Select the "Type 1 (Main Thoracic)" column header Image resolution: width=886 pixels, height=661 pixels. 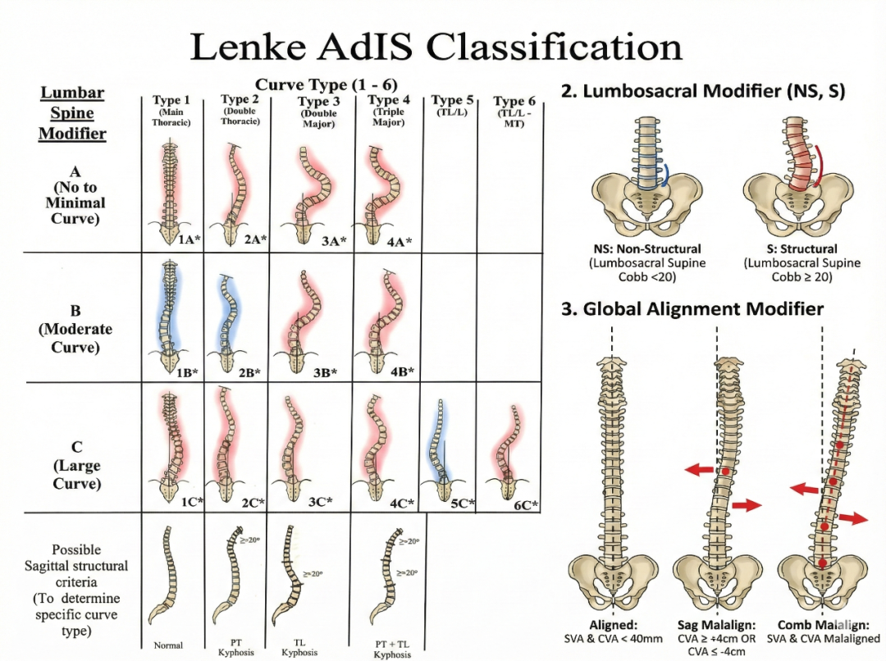click(171, 111)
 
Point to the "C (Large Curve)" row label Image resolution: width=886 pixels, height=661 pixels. click(76, 465)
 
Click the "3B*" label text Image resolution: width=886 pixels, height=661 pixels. click(325, 372)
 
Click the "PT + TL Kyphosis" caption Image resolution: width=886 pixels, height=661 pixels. click(392, 650)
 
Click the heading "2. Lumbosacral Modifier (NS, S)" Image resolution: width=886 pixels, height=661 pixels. click(702, 90)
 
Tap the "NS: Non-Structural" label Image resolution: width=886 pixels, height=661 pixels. click(646, 248)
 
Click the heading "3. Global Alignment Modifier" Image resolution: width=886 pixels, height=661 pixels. click(692, 309)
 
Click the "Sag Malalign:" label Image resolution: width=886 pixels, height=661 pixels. click(717, 625)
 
